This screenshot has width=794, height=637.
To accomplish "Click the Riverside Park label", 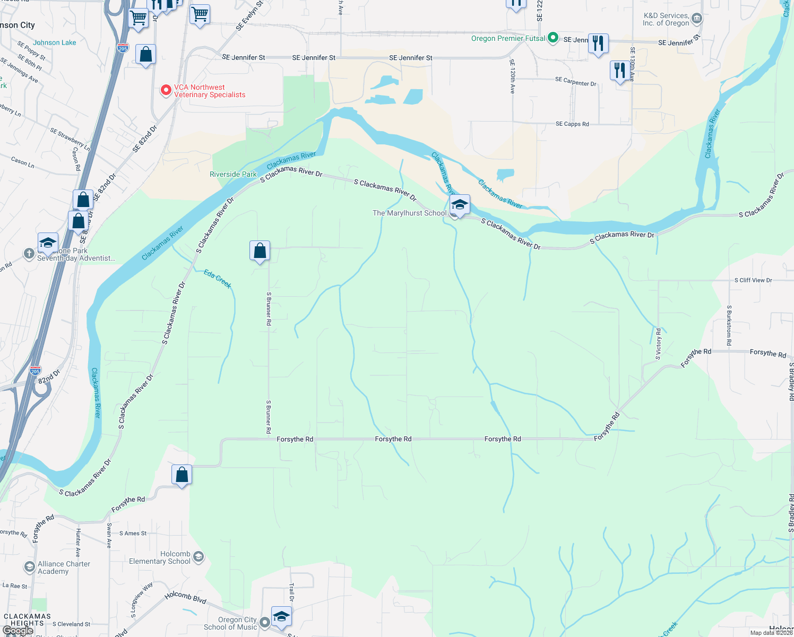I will click(x=233, y=174).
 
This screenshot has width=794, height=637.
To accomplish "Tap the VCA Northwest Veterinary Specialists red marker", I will click(x=166, y=90).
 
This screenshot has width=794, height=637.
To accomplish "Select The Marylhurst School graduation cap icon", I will click(x=459, y=205).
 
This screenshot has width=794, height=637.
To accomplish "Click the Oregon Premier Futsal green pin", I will click(x=553, y=38).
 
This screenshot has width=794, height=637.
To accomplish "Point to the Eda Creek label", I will click(x=218, y=279).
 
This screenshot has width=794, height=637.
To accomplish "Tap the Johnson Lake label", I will click(x=54, y=42).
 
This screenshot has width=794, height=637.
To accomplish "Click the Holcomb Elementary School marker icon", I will click(x=198, y=557).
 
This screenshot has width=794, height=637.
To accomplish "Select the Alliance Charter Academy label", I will click(x=64, y=567).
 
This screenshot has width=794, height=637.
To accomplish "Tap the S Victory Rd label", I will click(x=658, y=344).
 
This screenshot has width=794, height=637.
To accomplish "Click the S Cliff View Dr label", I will click(x=753, y=280).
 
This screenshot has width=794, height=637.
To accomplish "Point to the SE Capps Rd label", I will click(x=572, y=124).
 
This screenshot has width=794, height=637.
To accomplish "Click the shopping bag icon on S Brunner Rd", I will click(x=260, y=251).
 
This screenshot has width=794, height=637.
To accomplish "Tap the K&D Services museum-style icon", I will click(x=697, y=19).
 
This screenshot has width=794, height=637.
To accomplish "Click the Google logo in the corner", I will click(x=18, y=631).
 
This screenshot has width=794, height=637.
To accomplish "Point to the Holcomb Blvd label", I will click(x=185, y=598).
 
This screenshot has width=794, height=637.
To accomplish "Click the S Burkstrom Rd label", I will click(x=729, y=325).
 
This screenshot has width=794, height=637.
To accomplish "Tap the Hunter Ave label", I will click(x=78, y=543).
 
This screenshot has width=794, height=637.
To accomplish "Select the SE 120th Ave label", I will click(x=512, y=76).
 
